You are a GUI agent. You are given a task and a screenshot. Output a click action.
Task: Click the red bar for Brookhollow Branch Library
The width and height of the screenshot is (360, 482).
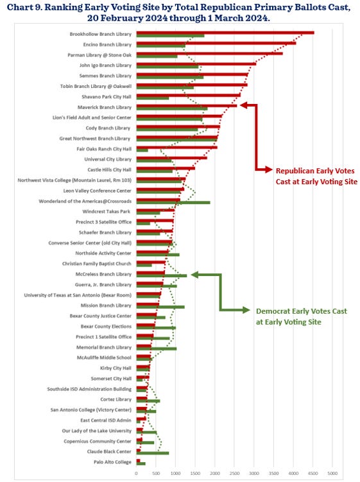225,32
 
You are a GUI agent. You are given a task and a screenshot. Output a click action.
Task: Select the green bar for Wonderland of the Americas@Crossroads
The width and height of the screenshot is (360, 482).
173,202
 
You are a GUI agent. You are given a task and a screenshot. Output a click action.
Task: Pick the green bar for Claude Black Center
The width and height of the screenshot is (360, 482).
152,453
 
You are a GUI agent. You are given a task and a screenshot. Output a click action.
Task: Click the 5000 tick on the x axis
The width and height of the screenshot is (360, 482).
332,474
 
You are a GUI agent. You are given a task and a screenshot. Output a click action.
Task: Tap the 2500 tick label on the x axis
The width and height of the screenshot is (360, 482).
234,474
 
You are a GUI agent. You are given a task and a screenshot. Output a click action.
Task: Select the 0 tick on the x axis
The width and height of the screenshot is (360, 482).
136,474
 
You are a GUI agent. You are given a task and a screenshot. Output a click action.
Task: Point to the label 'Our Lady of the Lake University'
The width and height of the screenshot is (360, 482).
96,430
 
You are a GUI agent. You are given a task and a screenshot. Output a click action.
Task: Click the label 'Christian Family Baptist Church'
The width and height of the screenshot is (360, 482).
96,264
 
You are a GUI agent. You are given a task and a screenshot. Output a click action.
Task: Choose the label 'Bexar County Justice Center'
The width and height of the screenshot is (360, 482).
101,316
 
